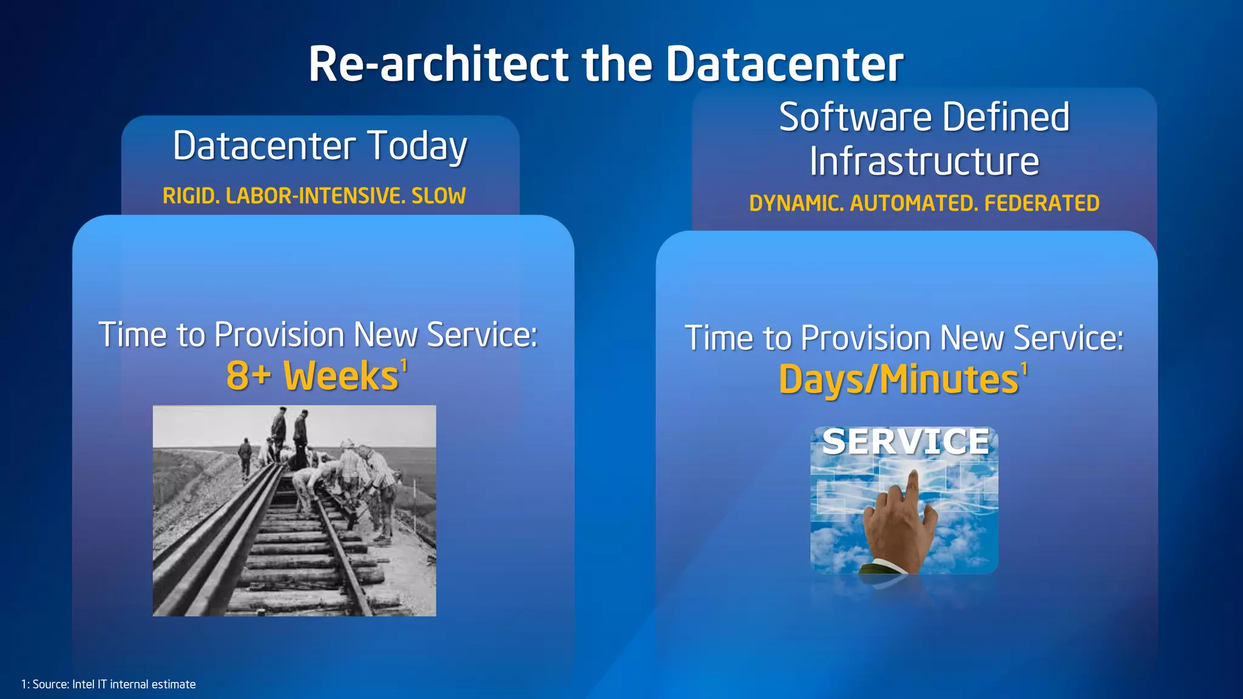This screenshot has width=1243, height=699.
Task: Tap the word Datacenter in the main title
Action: coord(784,64)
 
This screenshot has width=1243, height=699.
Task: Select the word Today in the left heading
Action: coord(417,146)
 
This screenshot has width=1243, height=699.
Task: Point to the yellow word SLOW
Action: coord(438,196)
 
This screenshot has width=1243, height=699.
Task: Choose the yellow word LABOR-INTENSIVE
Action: coord(315,196)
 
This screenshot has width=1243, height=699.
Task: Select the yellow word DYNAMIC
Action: coord(796,203)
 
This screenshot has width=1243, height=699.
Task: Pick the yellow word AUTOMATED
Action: coord(914,203)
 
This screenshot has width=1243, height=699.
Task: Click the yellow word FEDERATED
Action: coord(1041,203)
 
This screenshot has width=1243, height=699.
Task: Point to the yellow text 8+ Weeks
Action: coord(312,376)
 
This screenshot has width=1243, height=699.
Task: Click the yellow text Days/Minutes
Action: coord(898,380)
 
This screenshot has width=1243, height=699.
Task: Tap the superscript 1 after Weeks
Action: coord(404,366)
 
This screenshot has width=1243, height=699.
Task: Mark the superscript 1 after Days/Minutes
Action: coord(1025,369)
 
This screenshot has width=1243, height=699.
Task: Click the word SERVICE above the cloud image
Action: coord(906,442)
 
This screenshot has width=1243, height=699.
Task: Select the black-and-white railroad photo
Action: coord(294,511)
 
